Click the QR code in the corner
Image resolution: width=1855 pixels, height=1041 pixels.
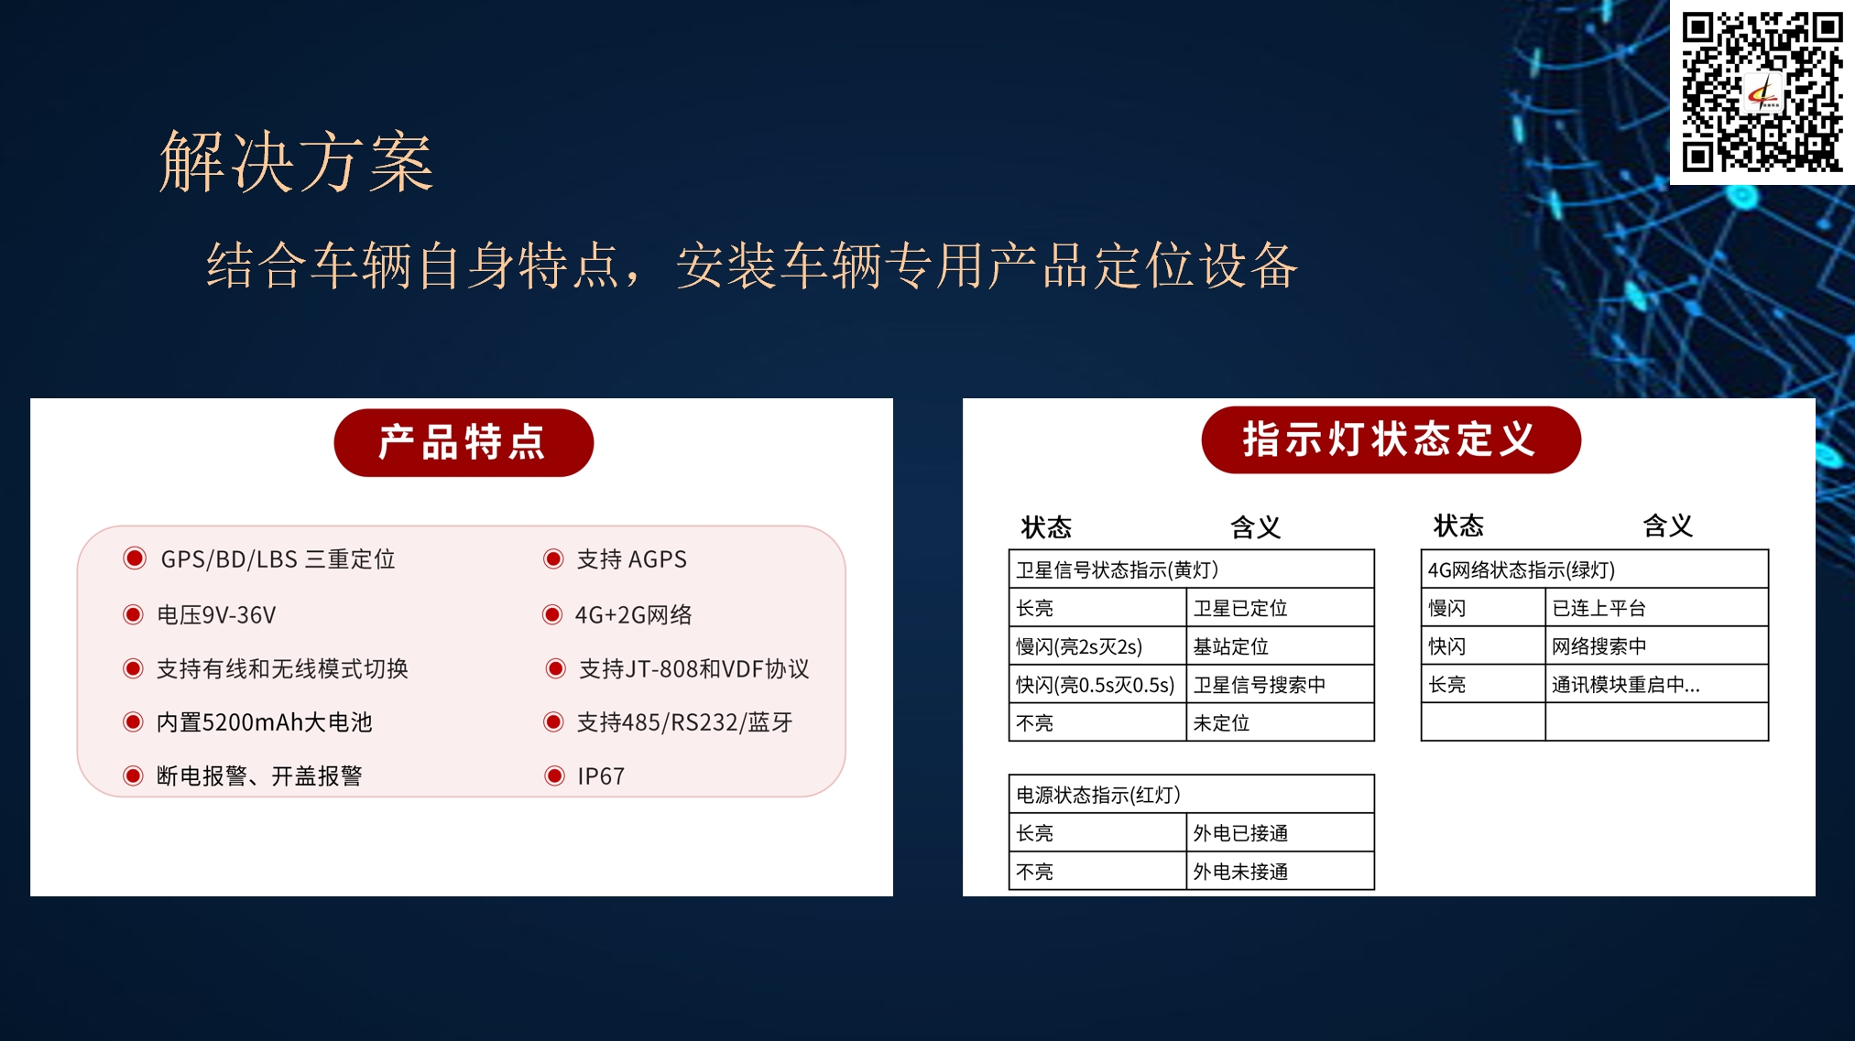coord(1762,92)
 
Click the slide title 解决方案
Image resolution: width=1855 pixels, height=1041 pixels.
coord(297,162)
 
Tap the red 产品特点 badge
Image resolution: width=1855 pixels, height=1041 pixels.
coord(464,442)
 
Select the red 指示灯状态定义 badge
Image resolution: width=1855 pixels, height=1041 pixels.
coord(1391,439)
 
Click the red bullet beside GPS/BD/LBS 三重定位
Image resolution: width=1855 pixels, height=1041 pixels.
coord(135,558)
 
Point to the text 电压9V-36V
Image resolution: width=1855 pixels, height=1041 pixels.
coord(216,614)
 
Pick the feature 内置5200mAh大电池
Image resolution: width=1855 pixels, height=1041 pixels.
coord(265,722)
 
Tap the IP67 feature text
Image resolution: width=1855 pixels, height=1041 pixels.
coord(601,776)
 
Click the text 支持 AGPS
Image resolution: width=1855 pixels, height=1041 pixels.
coord(631,558)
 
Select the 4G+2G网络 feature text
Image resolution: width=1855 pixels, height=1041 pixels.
coord(633,614)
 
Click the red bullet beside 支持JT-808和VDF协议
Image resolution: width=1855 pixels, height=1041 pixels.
coord(555,668)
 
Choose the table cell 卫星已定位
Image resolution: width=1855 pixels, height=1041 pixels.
coord(1281,608)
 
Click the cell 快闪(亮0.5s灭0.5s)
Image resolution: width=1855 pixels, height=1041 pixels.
coord(1097,685)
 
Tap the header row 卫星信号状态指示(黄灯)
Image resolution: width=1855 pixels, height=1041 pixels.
coord(1191,569)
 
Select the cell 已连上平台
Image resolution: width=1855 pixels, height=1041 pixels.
coord(1656,608)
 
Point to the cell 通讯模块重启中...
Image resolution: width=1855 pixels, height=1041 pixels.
coord(1656,685)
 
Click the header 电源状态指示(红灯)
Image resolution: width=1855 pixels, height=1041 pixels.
coord(1191,795)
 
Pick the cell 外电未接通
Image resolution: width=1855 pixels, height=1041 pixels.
coord(1281,871)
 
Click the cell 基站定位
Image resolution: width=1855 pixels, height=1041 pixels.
coord(1281,646)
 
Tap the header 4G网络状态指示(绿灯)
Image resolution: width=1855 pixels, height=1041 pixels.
coord(1594,569)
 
